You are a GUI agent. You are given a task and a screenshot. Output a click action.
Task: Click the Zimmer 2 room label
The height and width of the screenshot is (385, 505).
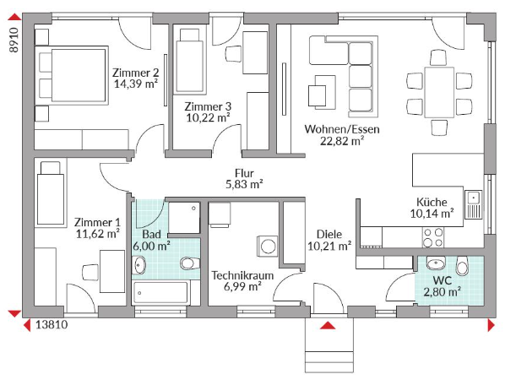coord(135,73)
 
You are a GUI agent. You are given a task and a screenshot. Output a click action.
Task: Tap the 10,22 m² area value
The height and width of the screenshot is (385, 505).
coord(208,118)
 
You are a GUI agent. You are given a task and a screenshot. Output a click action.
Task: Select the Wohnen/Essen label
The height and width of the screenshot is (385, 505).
coord(342,129)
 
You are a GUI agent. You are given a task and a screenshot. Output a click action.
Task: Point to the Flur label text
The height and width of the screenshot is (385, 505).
coord(244,173)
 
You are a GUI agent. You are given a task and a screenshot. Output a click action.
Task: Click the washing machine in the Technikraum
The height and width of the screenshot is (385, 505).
coord(267,247)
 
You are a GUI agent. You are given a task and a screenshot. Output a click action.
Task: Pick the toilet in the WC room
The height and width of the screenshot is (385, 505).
coord(462,266)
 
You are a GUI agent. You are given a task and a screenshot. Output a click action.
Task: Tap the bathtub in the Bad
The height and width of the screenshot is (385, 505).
coord(160,293)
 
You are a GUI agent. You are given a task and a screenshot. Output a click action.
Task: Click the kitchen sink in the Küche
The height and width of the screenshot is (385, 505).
coord(473,204)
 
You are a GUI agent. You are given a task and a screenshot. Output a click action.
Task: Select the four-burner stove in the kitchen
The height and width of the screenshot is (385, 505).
coord(433,237)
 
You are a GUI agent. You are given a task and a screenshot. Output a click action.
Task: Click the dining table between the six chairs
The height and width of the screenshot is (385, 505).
coord(439,92)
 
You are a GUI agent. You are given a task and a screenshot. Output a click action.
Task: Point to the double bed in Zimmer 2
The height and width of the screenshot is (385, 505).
coord(71,76)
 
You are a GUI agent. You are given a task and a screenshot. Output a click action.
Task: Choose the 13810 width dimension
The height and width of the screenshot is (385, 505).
coord(52,324)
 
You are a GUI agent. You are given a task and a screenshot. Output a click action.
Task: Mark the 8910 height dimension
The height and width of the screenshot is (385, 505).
coord(14,40)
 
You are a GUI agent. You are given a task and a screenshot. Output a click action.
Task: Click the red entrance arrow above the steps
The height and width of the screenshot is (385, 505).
coord(328,325)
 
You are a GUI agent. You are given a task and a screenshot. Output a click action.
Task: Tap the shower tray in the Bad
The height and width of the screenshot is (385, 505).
coord(184,218)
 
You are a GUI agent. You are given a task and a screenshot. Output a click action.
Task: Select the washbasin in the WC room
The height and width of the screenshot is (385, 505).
coord(436,263)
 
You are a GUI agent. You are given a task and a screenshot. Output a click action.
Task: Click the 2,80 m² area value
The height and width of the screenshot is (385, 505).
coord(442,292)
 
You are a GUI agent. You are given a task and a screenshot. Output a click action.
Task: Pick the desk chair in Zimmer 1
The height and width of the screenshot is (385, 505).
coord(90,273)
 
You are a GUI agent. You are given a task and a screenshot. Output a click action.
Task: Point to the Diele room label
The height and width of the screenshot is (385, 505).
coord(329,234)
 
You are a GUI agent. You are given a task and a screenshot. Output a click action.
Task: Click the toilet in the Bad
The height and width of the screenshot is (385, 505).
coord(189,263)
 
